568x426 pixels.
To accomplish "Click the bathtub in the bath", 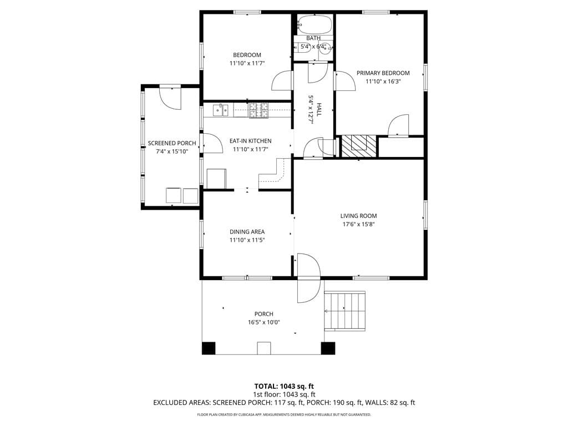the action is click(314, 24).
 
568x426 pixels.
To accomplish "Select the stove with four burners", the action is click(258, 110).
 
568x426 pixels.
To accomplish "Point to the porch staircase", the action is click(344, 311).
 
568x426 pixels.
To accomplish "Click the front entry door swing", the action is click(308, 278).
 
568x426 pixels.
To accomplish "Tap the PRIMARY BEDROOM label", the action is click(383, 73).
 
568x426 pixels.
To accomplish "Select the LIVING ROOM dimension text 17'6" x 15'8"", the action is click(359, 224).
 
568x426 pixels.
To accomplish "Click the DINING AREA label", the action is click(247, 231).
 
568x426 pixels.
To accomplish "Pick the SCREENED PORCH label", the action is click(172, 143).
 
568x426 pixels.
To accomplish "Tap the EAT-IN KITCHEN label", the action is click(250, 141).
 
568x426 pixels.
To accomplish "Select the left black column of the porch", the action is click(209, 348).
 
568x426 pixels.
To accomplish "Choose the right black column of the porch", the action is click(328, 348).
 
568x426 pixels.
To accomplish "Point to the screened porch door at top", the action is click(170, 98).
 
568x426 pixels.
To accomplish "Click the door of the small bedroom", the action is click(282, 80).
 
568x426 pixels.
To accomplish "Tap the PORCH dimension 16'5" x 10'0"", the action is click(263, 322).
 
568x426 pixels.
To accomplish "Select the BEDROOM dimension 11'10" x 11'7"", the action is click(247, 63).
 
